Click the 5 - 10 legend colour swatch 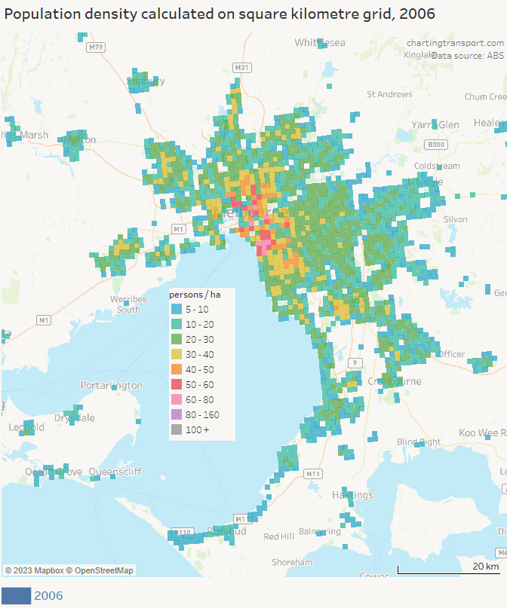176,309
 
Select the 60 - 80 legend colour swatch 176,399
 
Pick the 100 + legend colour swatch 176,429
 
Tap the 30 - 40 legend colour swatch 176,354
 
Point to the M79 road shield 95,47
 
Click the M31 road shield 241,68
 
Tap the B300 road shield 435,144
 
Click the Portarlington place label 111,385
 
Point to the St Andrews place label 389,94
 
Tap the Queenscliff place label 115,472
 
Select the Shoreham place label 292,562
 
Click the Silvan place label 456,218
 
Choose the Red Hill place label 279,536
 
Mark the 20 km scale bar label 485,566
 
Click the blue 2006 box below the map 16,596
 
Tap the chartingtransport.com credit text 455,43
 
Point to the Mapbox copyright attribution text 69,570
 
